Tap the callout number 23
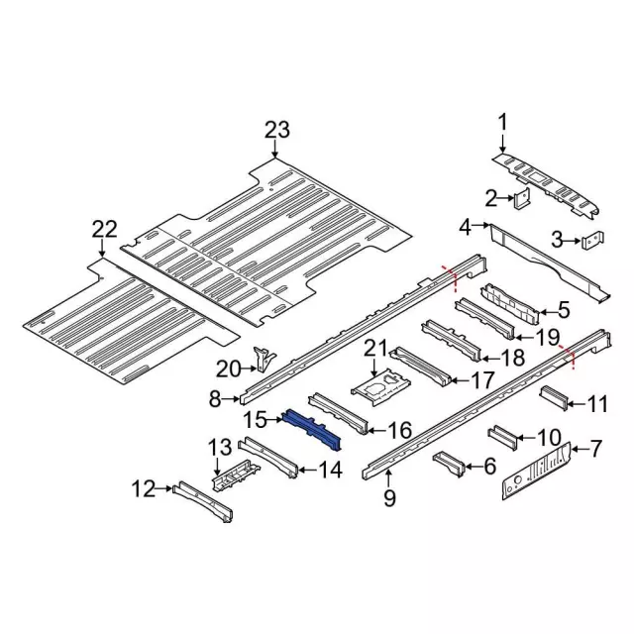(277, 130)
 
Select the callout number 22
(104, 230)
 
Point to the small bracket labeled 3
(592, 240)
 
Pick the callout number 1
(501, 122)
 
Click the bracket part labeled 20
(263, 359)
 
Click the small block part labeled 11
(553, 399)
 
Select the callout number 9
(388, 499)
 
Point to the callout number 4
(465, 228)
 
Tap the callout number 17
(483, 379)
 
